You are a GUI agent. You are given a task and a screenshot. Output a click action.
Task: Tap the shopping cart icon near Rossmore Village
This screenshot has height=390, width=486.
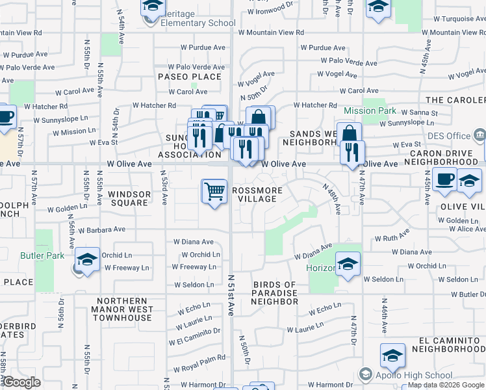214,192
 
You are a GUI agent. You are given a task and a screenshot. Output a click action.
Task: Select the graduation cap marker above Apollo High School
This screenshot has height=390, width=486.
392,356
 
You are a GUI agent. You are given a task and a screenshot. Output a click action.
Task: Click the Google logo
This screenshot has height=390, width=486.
21,382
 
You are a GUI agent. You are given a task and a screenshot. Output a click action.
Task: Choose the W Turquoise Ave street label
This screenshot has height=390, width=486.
449,19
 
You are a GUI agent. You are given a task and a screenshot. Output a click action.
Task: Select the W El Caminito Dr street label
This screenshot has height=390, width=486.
194,341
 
